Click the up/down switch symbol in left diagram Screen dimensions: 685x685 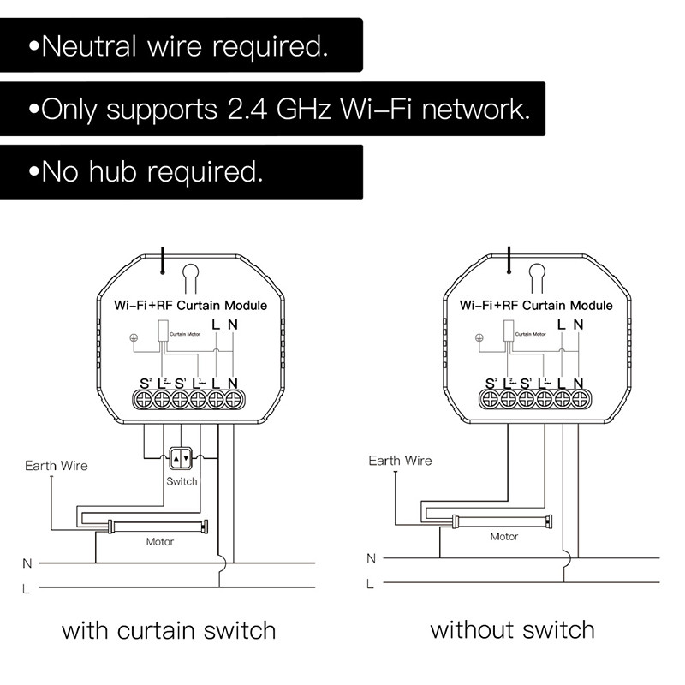[x=182, y=459]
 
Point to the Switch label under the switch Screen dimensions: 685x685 [x=182, y=481]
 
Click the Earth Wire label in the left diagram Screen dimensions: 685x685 [x=56, y=466]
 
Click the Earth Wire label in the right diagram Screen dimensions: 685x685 [x=400, y=461]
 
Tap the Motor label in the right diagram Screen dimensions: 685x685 [x=503, y=537]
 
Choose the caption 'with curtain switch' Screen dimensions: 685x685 [x=169, y=632]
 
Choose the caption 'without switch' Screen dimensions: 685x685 [x=512, y=631]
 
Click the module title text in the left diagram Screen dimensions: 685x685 [x=190, y=305]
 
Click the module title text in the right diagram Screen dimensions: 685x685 [x=536, y=305]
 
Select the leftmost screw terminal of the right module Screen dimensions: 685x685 [x=491, y=399]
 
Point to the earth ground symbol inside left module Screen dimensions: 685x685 [x=133, y=337]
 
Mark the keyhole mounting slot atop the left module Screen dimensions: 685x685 [x=190, y=277]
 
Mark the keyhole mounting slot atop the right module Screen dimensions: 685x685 [x=536, y=277]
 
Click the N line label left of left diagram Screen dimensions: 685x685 [x=27, y=563]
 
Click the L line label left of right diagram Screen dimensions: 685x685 [x=371, y=584]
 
